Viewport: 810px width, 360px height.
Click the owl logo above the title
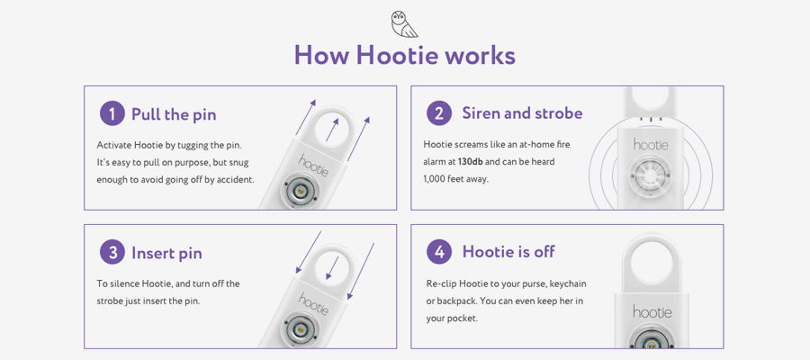coord(404,23)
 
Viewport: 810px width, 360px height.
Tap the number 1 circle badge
coord(112,113)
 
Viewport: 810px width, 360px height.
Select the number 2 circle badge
coord(439,113)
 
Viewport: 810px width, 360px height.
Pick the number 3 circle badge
coord(112,253)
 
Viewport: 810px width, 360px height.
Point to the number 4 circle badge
coord(439,252)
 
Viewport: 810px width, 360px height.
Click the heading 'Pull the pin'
coord(174,114)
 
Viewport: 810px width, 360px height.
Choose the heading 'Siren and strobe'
coord(522,113)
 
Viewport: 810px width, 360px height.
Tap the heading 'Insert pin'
coord(166,253)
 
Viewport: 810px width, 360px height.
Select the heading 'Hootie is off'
coord(508,251)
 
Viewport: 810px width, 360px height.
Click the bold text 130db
coord(471,162)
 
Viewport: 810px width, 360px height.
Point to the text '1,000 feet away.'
coord(455,179)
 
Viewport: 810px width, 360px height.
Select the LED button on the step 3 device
coord(299,328)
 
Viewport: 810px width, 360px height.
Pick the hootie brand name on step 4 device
coord(652,311)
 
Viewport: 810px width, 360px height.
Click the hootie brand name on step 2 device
coord(651,144)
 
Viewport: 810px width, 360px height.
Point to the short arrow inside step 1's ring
coord(332,130)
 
